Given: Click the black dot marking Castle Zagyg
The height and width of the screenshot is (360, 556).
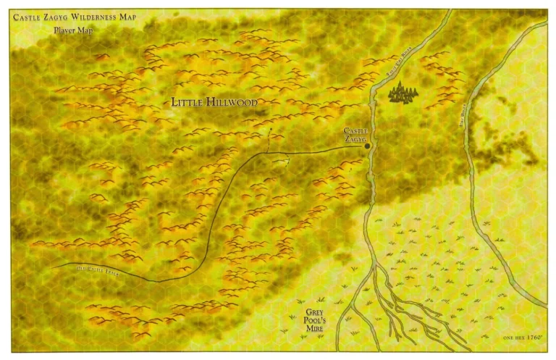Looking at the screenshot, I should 368,146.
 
